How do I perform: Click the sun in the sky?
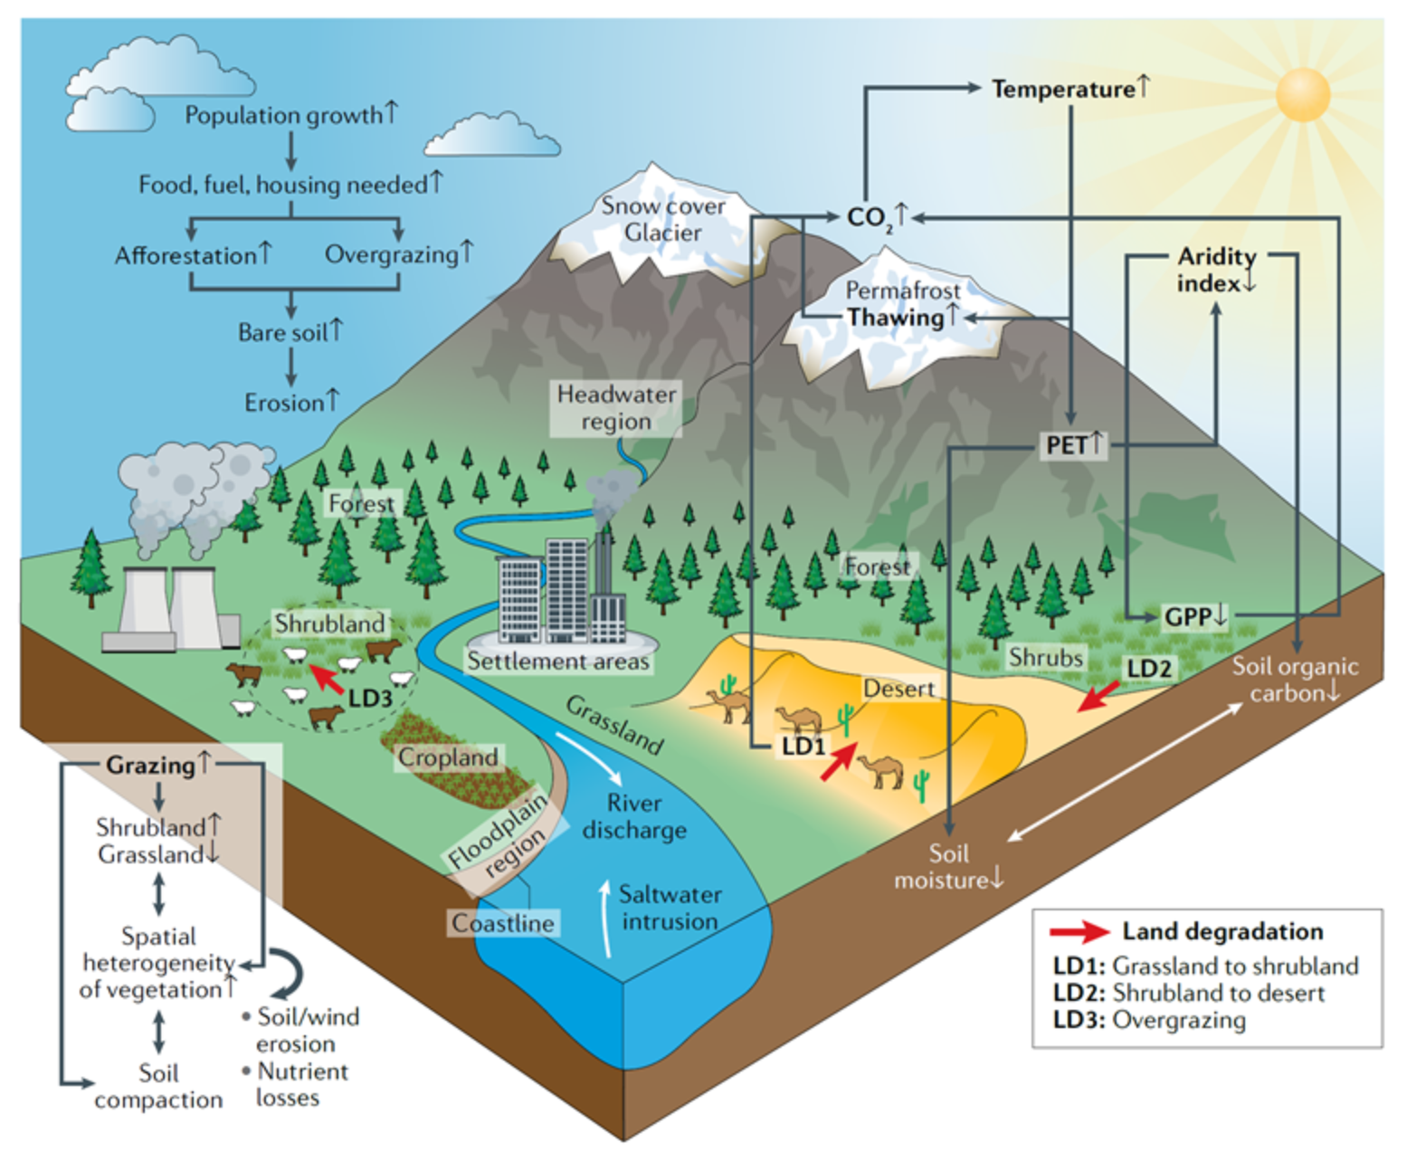(x=1303, y=93)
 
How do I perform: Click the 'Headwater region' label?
(x=616, y=407)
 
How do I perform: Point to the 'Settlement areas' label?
(x=558, y=662)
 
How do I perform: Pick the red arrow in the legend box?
(x=1079, y=932)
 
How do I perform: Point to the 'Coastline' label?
(x=503, y=923)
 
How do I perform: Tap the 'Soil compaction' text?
(x=158, y=1086)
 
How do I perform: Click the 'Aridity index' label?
(x=1216, y=270)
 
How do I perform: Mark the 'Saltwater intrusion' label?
(x=670, y=908)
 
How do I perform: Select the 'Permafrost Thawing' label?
(x=903, y=304)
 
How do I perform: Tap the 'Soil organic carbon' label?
(x=1295, y=680)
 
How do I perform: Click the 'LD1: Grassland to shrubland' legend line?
(x=1205, y=966)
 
